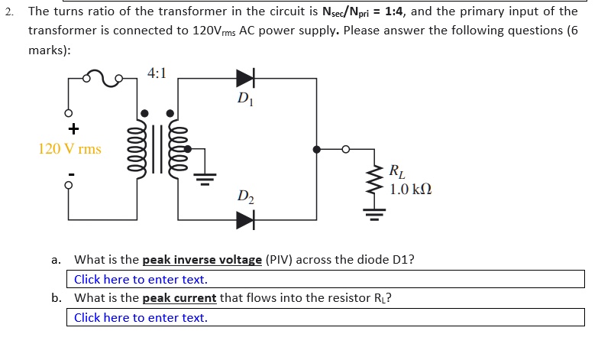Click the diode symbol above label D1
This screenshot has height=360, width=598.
tap(245, 78)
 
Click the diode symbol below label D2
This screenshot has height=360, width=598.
tap(245, 220)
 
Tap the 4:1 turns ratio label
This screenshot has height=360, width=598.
tap(156, 74)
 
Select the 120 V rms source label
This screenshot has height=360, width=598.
tap(69, 148)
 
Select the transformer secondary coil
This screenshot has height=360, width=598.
tap(174, 150)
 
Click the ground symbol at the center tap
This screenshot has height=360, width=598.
tap(204, 179)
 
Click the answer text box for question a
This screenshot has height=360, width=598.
tap(327, 280)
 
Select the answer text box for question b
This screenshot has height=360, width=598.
tap(327, 317)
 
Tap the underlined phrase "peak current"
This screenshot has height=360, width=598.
tap(179, 298)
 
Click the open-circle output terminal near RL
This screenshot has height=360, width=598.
tap(345, 150)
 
